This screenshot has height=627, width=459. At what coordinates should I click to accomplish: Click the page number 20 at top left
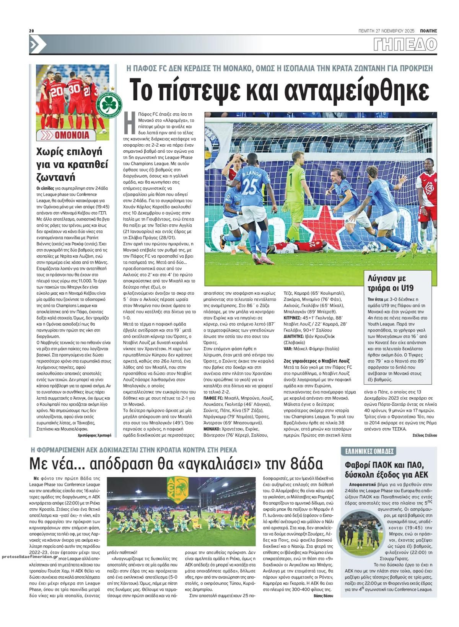coord(32,31)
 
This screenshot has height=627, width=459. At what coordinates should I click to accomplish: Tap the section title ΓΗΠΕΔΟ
coord(405,44)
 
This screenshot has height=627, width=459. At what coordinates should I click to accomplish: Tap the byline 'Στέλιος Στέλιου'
coord(425,435)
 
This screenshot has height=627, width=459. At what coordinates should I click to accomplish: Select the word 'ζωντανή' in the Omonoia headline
coord(54,177)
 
